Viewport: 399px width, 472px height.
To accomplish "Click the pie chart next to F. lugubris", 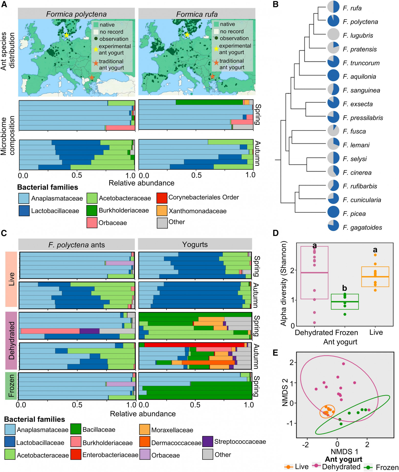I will click(x=333, y=35).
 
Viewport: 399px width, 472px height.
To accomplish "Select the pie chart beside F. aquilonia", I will click(x=333, y=76).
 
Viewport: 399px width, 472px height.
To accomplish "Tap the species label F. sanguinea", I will click(x=361, y=90).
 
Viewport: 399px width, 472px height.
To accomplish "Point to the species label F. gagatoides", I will click(x=362, y=227).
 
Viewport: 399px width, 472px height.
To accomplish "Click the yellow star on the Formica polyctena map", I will click(x=66, y=35).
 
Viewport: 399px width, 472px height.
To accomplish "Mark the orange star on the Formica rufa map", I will click(x=212, y=76).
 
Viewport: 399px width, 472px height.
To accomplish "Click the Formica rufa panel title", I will click(x=197, y=14).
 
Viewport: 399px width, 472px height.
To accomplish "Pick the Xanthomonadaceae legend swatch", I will click(x=162, y=211).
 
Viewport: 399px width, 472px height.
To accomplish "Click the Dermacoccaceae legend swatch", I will click(x=145, y=442).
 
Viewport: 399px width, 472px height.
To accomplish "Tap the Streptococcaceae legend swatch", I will click(x=207, y=442).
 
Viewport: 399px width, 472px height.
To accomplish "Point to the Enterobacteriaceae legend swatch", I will click(x=76, y=455).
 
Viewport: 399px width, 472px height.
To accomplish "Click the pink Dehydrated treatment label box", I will click(x=12, y=340).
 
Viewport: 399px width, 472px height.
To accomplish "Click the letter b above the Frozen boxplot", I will click(x=345, y=288).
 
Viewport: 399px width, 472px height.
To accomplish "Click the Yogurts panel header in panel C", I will click(x=195, y=244).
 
